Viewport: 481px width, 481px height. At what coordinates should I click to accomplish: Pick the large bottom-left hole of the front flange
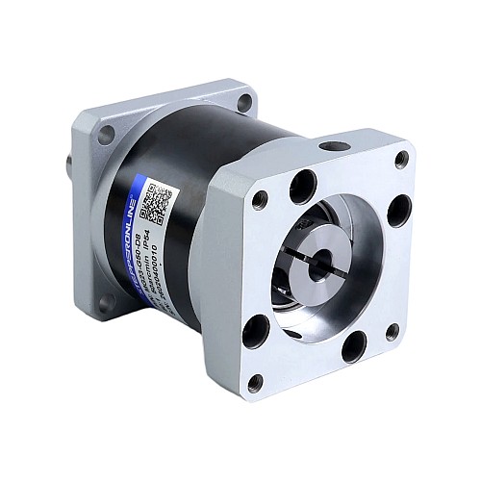255,333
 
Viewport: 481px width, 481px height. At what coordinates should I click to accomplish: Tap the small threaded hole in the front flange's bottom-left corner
256,382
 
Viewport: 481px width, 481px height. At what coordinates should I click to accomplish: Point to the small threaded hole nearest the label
260,198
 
